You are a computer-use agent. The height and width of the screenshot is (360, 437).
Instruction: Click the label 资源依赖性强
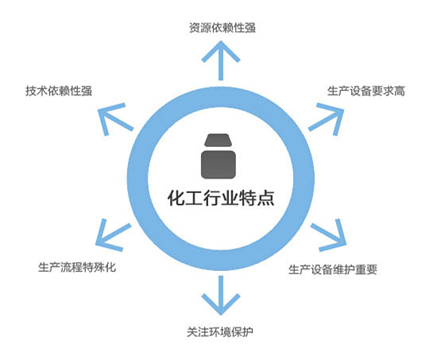click(x=222, y=28)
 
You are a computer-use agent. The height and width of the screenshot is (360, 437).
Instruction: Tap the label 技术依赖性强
click(x=59, y=91)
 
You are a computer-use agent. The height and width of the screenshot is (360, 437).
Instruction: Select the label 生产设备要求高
click(x=366, y=91)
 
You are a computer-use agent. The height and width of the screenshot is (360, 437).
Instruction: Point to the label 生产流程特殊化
click(x=77, y=267)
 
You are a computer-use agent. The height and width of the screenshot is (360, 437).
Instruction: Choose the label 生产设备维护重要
click(x=333, y=269)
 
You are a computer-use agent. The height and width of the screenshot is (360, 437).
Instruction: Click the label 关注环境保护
click(x=220, y=332)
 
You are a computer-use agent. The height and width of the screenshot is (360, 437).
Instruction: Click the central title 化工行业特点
click(x=221, y=198)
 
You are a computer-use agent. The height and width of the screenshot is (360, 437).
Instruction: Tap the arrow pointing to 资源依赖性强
click(x=221, y=60)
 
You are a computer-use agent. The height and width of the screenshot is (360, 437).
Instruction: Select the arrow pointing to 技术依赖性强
click(x=115, y=119)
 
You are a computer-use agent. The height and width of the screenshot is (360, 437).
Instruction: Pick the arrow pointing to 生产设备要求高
click(x=327, y=119)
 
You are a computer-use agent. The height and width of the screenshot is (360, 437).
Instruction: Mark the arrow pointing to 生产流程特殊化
click(x=113, y=234)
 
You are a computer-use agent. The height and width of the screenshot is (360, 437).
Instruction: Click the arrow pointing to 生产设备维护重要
click(x=329, y=234)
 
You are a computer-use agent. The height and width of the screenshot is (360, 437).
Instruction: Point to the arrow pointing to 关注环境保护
click(x=221, y=296)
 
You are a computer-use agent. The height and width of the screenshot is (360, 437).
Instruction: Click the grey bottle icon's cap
click(x=218, y=140)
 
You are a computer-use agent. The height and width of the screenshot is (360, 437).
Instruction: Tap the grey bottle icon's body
click(x=218, y=165)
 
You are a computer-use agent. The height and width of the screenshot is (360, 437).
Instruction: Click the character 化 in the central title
click(x=176, y=198)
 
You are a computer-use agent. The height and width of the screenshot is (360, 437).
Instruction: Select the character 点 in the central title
click(x=265, y=198)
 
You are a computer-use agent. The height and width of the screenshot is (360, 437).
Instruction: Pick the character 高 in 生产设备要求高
click(x=400, y=91)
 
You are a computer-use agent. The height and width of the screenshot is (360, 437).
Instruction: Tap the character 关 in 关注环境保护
click(x=192, y=332)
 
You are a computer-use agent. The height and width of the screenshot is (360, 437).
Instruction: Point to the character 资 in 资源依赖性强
click(x=195, y=28)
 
